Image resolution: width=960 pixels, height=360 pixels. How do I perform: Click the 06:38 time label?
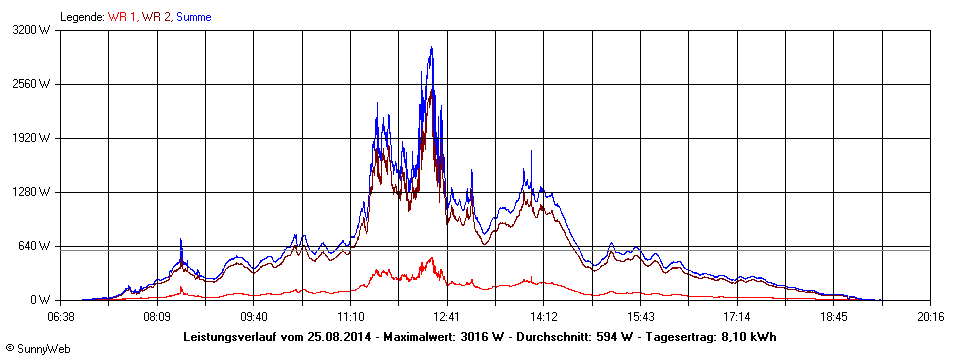tap(61, 316)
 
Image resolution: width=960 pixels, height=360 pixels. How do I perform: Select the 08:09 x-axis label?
tap(157, 316)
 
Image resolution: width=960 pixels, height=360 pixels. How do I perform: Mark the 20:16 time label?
tap(930, 316)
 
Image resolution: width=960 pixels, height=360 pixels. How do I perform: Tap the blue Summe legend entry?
tap(194, 17)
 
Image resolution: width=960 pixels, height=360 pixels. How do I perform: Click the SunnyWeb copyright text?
tap(31, 347)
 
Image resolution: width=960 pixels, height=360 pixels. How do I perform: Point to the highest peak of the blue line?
tap(431, 48)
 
